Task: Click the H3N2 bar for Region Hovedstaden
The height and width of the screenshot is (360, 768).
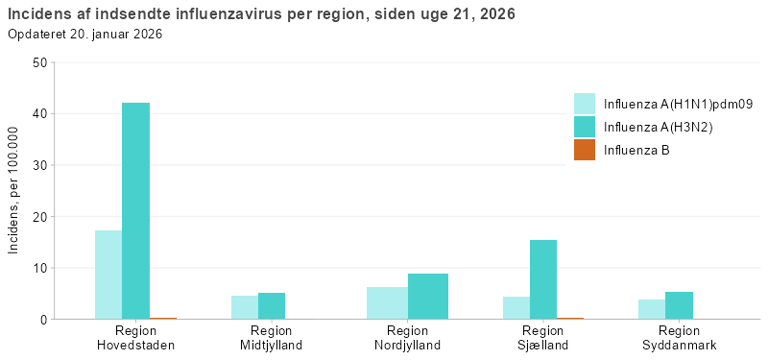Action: (135, 211)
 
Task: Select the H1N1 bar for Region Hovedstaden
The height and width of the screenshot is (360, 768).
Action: (108, 275)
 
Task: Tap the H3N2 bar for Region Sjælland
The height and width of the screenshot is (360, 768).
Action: (543, 279)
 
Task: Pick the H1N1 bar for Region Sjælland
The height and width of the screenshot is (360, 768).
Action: (516, 307)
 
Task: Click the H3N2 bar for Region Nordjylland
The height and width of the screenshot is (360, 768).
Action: (427, 296)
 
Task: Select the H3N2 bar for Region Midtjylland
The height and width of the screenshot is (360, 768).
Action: (272, 305)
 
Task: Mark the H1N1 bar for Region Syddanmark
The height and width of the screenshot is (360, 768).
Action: (652, 308)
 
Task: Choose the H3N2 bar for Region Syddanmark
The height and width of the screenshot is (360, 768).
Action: (679, 305)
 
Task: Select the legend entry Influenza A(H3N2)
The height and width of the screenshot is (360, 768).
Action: (658, 127)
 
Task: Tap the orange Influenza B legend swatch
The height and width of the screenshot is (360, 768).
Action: (585, 150)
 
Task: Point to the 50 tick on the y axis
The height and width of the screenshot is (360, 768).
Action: (39, 62)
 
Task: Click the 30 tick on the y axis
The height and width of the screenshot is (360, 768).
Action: (39, 165)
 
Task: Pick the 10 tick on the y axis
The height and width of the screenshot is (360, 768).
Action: (39, 268)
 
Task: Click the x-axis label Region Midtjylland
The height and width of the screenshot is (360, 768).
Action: (272, 338)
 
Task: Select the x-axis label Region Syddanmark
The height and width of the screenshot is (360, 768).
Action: (679, 338)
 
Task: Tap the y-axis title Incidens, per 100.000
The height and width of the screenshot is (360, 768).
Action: (13, 191)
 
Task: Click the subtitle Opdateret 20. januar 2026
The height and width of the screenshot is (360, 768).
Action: (85, 34)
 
